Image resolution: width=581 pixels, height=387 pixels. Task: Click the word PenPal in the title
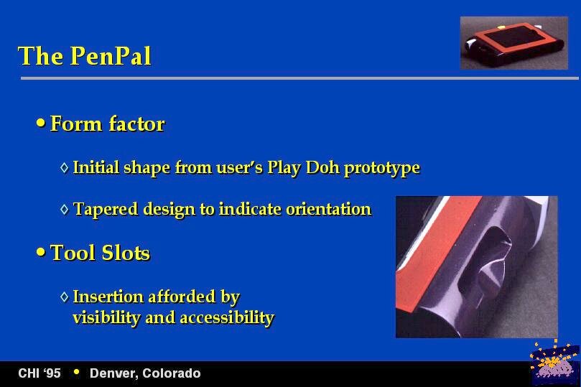[x=111, y=56]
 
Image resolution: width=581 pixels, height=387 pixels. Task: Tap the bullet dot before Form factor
[x=41, y=123]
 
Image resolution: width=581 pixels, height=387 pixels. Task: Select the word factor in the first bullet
[x=136, y=123]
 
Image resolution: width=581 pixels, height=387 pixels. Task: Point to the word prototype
[x=381, y=169]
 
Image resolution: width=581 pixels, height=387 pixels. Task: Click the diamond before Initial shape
[x=65, y=167]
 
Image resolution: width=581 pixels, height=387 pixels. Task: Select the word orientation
[x=329, y=209]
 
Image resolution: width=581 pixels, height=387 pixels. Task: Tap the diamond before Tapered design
[x=65, y=209]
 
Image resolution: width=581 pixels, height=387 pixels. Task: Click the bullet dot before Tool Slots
[x=41, y=252]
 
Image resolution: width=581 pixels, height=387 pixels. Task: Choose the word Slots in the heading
[x=126, y=253]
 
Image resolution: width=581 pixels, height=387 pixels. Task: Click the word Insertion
[x=108, y=297]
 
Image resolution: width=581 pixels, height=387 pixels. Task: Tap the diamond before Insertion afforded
[x=65, y=297]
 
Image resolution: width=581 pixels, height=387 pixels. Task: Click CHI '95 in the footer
[x=39, y=373]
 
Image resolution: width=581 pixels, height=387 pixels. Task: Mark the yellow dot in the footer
[x=76, y=371]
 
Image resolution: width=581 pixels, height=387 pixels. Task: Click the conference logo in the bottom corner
[x=554, y=363]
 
